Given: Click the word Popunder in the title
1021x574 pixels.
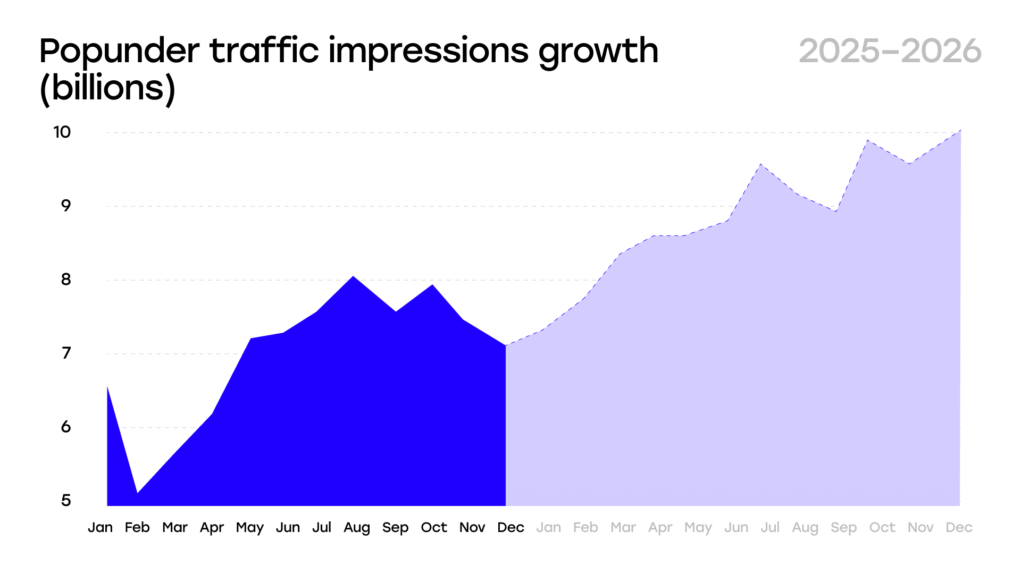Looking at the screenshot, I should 119,52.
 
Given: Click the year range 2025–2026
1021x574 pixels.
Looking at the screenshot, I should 890,52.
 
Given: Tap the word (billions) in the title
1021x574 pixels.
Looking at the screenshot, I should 107,88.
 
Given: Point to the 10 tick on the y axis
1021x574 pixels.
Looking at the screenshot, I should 62,132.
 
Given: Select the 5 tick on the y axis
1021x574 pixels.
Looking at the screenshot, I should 66,500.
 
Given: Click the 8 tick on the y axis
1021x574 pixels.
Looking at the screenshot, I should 66,280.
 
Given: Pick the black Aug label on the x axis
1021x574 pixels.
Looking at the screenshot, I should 356,528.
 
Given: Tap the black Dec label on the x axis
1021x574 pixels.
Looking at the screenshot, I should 510,528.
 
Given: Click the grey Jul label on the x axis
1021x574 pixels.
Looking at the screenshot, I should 769,528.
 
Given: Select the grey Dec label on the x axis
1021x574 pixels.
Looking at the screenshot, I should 959,528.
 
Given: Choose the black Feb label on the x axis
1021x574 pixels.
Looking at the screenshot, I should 137,528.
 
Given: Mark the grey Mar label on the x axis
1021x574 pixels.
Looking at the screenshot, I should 623,528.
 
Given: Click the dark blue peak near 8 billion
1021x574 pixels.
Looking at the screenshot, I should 353,277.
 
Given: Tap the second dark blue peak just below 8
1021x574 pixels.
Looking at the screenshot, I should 432,285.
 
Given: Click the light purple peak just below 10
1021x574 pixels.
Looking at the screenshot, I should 867,140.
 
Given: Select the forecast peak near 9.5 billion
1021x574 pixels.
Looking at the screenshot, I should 761,164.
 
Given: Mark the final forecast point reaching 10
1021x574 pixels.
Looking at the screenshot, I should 960,130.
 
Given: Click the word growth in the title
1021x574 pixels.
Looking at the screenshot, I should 598,52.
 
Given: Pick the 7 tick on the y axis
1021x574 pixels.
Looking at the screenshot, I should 66,353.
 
